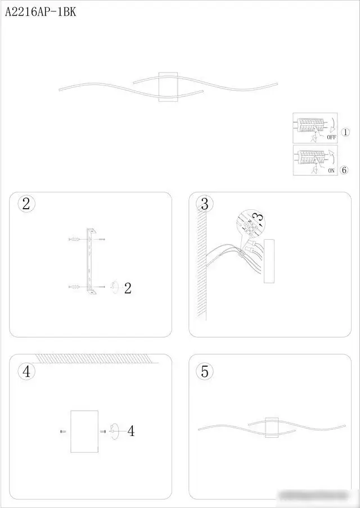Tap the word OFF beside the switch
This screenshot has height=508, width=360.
[331, 137]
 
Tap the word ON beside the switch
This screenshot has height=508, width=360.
[331, 170]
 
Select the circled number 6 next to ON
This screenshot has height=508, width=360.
[345, 169]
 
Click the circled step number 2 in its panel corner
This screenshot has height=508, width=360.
[26, 204]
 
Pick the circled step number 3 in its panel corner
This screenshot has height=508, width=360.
[204, 204]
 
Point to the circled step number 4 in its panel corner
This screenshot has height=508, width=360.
[26, 371]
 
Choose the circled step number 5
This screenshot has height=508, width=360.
[204, 371]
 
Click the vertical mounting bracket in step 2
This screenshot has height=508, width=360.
[89, 262]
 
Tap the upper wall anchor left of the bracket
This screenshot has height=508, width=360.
[73, 240]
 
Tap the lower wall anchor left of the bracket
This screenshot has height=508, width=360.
[73, 287]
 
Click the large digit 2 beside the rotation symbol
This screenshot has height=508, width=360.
[128, 289]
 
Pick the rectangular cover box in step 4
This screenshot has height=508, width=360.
[84, 431]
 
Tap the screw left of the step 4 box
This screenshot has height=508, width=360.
[62, 431]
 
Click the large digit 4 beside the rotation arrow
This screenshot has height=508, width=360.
[130, 431]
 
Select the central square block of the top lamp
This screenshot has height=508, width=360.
[168, 87]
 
